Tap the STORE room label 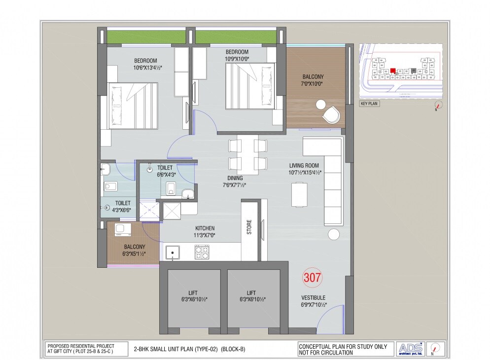coord(249,227)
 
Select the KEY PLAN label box coord(370,104)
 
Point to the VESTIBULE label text coord(313,297)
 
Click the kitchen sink coord(173,252)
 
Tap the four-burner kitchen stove coord(202,252)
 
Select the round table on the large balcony coord(321,105)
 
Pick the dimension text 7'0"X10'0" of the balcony coord(313,85)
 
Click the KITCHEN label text coord(205,228)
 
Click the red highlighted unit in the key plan coord(393,71)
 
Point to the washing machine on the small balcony coord(120,229)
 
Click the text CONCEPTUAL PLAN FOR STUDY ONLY coord(343,346)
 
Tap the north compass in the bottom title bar coord(434,348)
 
